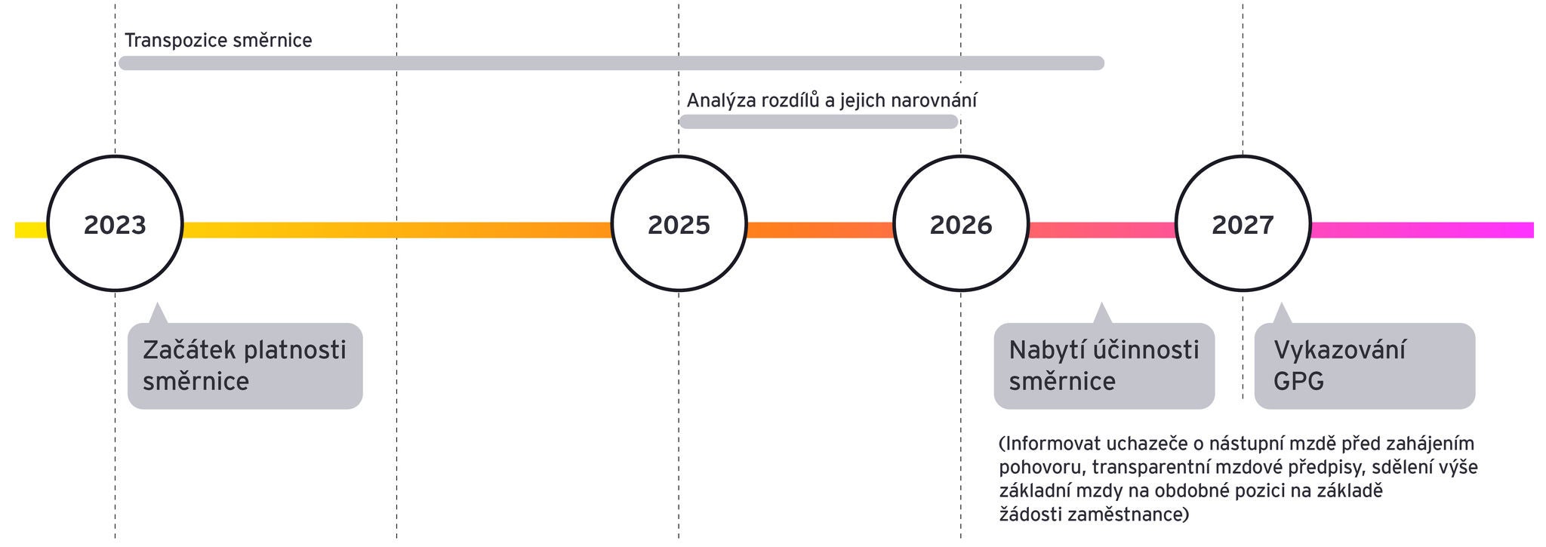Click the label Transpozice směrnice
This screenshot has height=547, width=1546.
(x=218, y=41)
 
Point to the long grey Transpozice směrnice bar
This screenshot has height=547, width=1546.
(x=611, y=63)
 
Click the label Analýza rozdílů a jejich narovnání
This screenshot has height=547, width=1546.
(x=832, y=100)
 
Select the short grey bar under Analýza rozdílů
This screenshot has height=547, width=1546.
(x=819, y=121)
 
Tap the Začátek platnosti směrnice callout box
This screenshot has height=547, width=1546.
(x=245, y=366)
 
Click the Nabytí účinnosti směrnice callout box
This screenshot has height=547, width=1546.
(x=1104, y=366)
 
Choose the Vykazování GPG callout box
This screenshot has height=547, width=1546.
(x=1365, y=366)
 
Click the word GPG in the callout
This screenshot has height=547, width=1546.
(x=1298, y=381)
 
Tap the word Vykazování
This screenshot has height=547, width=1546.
(x=1340, y=350)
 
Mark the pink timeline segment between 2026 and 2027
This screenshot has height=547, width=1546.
(x=1102, y=230)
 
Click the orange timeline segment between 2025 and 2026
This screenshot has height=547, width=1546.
(x=820, y=230)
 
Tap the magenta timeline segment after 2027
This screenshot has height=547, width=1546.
(x=1422, y=230)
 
